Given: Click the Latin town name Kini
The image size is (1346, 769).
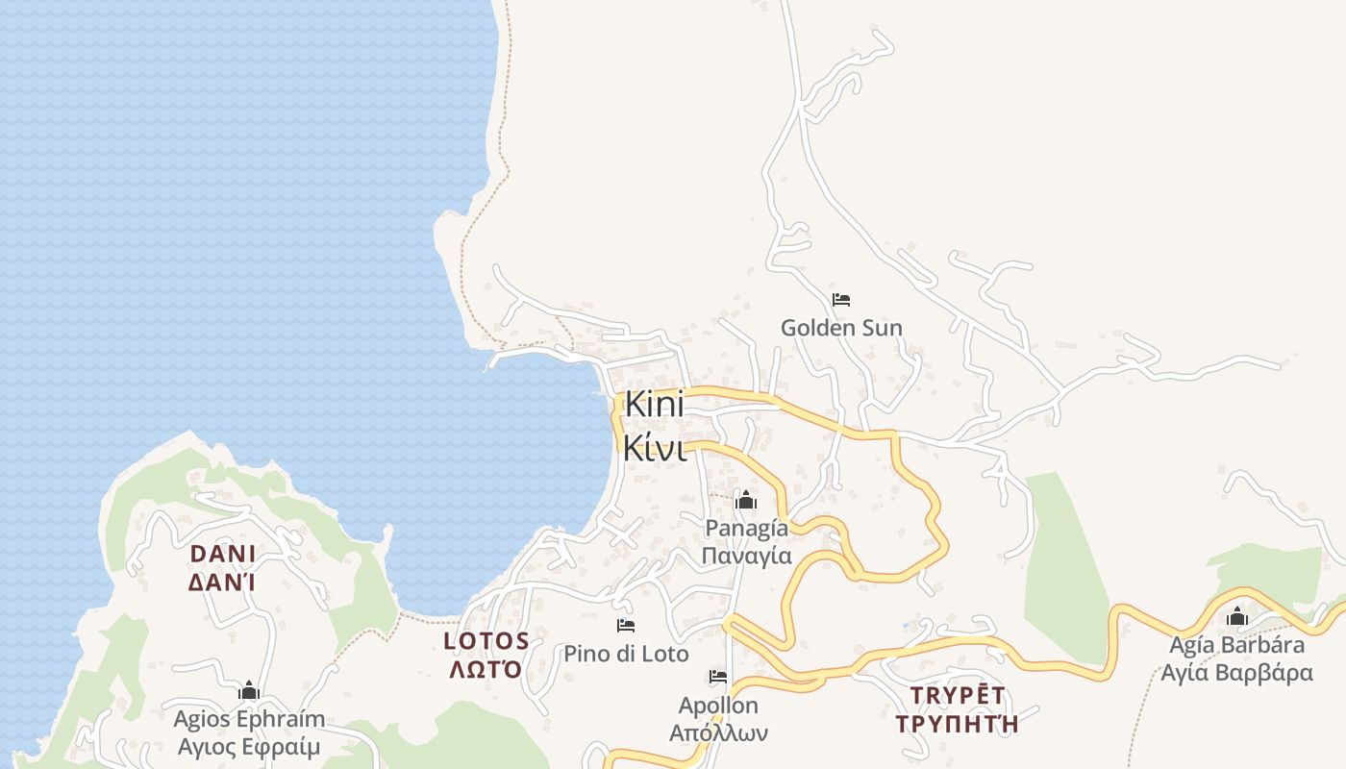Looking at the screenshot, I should click(654, 405).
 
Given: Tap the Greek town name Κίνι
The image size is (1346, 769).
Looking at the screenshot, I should click(654, 448).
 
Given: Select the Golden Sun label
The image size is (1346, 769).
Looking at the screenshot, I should click(841, 328).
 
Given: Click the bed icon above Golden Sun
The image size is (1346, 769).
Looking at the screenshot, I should click(841, 300).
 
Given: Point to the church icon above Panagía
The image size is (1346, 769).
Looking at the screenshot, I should click(745, 500).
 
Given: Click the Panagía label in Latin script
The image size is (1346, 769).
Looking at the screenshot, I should click(746, 528).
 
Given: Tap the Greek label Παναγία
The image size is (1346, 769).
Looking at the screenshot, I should click(746, 556).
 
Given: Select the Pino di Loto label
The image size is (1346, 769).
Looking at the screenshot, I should click(626, 655).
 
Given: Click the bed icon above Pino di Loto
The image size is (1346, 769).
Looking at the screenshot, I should click(626, 626).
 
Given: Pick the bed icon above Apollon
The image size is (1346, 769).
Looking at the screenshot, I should click(718, 677).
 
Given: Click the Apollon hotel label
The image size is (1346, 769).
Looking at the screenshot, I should click(718, 706).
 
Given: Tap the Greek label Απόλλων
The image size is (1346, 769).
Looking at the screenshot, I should click(718, 733).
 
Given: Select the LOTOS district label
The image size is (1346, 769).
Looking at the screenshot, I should click(486, 640).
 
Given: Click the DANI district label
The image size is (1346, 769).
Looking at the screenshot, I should click(223, 554).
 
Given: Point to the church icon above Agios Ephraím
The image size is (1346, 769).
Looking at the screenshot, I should click(249, 690).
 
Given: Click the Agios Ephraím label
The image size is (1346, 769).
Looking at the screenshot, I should click(249, 719).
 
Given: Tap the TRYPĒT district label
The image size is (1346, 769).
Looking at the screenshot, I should click(957, 695).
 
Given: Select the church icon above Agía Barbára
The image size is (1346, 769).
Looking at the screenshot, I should click(1237, 616).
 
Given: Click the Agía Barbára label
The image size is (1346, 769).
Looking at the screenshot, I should click(1237, 644).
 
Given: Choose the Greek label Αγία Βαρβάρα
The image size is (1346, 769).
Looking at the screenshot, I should click(1237, 672).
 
